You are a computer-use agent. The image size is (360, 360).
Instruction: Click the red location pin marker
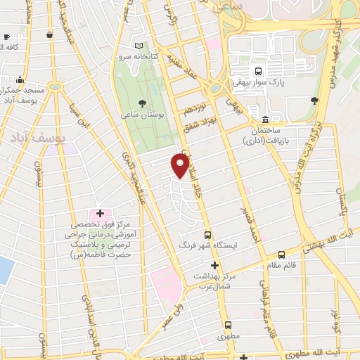pyautogui.click(x=181, y=166)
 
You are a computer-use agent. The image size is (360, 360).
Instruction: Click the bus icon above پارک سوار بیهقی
pyautogui.click(x=258, y=72)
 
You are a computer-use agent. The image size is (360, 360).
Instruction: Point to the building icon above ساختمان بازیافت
pyautogui.click(x=264, y=120)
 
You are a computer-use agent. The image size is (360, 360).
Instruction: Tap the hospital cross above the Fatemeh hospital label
pyautogui.click(x=99, y=213)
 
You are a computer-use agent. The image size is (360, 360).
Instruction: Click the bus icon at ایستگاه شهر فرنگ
pyautogui.click(x=207, y=235)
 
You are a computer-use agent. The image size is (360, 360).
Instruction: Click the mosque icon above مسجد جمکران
pyautogui.click(x=20, y=79)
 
